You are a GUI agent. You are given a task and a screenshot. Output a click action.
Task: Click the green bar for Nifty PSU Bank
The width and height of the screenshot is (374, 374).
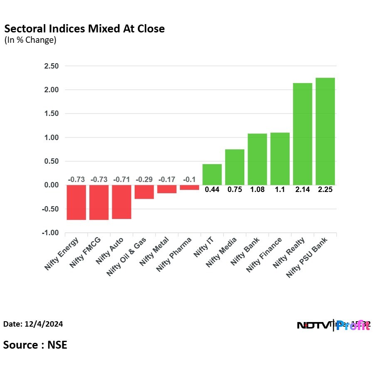tap(325, 131)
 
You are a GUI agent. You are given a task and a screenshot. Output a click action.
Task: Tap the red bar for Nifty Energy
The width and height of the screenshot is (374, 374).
tap(76, 202)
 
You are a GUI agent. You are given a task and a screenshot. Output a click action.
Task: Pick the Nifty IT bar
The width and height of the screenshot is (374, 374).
tap(212, 175)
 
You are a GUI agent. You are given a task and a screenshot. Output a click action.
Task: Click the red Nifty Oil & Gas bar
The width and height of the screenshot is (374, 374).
tap(144, 192)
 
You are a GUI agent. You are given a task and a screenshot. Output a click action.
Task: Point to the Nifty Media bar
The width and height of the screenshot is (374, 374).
tap(235, 167)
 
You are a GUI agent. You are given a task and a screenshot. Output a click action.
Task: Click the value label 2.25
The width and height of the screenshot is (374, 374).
tap(325, 189)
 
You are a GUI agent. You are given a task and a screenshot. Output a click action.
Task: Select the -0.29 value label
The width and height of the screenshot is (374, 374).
tap(144, 180)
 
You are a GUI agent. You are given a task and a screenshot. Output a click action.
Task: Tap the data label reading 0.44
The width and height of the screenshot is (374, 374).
tap(212, 189)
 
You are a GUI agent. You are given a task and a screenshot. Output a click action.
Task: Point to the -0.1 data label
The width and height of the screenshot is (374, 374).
tap(189, 180)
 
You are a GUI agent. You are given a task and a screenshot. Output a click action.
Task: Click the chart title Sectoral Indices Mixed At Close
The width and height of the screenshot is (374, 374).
tap(84, 29)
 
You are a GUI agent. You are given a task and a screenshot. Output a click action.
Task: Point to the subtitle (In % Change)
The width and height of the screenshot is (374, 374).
tap(30, 40)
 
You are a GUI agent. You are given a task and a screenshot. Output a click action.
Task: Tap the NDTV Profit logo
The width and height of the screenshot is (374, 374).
tap(333, 325)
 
